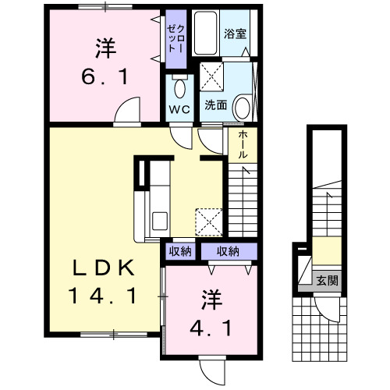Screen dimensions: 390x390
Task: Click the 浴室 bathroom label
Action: (x=235, y=34)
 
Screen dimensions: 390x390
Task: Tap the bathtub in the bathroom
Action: (x=205, y=33)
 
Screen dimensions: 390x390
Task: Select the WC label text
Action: (x=179, y=109)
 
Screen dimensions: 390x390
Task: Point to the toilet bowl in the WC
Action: (x=179, y=88)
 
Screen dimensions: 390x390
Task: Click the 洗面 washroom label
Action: (x=215, y=105)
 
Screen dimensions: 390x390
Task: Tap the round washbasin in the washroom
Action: (x=243, y=108)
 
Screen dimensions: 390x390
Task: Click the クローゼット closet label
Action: (x=175, y=39)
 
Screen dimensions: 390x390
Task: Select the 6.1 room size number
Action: (x=105, y=77)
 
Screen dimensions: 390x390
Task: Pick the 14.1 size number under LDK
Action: (x=102, y=296)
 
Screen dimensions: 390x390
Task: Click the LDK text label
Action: (x=104, y=268)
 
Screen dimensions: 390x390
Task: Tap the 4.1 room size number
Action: (x=211, y=328)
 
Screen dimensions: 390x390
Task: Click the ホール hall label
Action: (x=243, y=144)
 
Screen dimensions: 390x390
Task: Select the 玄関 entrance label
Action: (x=327, y=281)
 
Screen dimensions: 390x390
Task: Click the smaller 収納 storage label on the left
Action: (x=180, y=251)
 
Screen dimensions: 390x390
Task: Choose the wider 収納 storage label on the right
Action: (x=228, y=251)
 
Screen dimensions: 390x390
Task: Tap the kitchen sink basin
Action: (x=160, y=221)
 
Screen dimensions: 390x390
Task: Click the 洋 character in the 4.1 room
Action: (x=211, y=300)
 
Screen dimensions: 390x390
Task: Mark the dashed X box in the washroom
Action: (x=211, y=76)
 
